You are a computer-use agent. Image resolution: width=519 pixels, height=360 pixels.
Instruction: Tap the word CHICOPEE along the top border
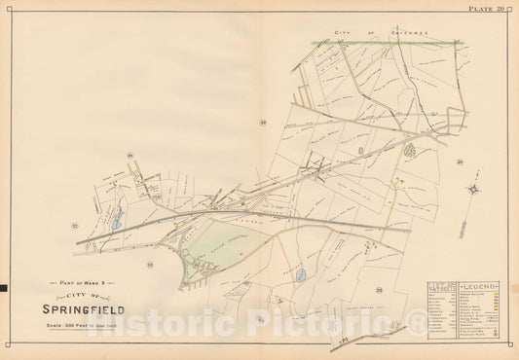(390, 34)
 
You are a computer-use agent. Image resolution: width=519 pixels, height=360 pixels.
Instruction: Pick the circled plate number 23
(150, 263)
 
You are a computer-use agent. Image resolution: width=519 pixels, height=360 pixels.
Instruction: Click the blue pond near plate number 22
(117, 221)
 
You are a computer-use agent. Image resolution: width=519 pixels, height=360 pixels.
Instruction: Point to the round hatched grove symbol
(409, 150)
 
